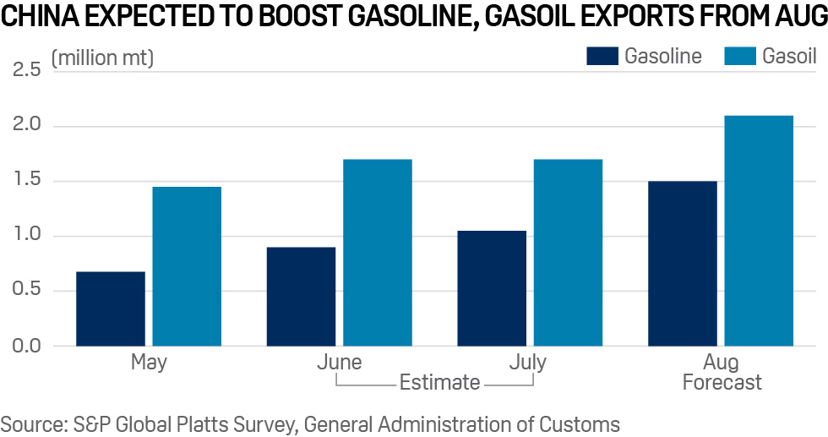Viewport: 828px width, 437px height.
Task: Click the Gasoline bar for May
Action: point(111,309)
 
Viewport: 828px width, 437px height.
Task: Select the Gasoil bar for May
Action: point(187,266)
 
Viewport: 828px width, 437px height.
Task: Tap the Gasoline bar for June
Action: point(301,297)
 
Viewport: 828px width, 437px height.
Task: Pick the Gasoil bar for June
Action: point(377,253)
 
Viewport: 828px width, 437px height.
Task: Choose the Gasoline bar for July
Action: point(492,288)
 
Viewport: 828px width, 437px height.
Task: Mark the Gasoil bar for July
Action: point(568,253)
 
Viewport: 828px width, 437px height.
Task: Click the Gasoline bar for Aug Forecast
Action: point(683,264)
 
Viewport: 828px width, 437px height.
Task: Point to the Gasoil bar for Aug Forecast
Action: point(759,231)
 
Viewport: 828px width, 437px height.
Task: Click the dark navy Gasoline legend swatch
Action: point(602,57)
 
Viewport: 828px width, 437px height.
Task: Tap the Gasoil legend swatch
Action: point(739,57)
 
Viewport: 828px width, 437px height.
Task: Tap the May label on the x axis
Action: point(149,363)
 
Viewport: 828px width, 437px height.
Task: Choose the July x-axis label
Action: point(528,363)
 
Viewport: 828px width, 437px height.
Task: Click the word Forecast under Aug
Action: point(722,383)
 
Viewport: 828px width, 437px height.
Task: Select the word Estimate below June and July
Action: point(439,383)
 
